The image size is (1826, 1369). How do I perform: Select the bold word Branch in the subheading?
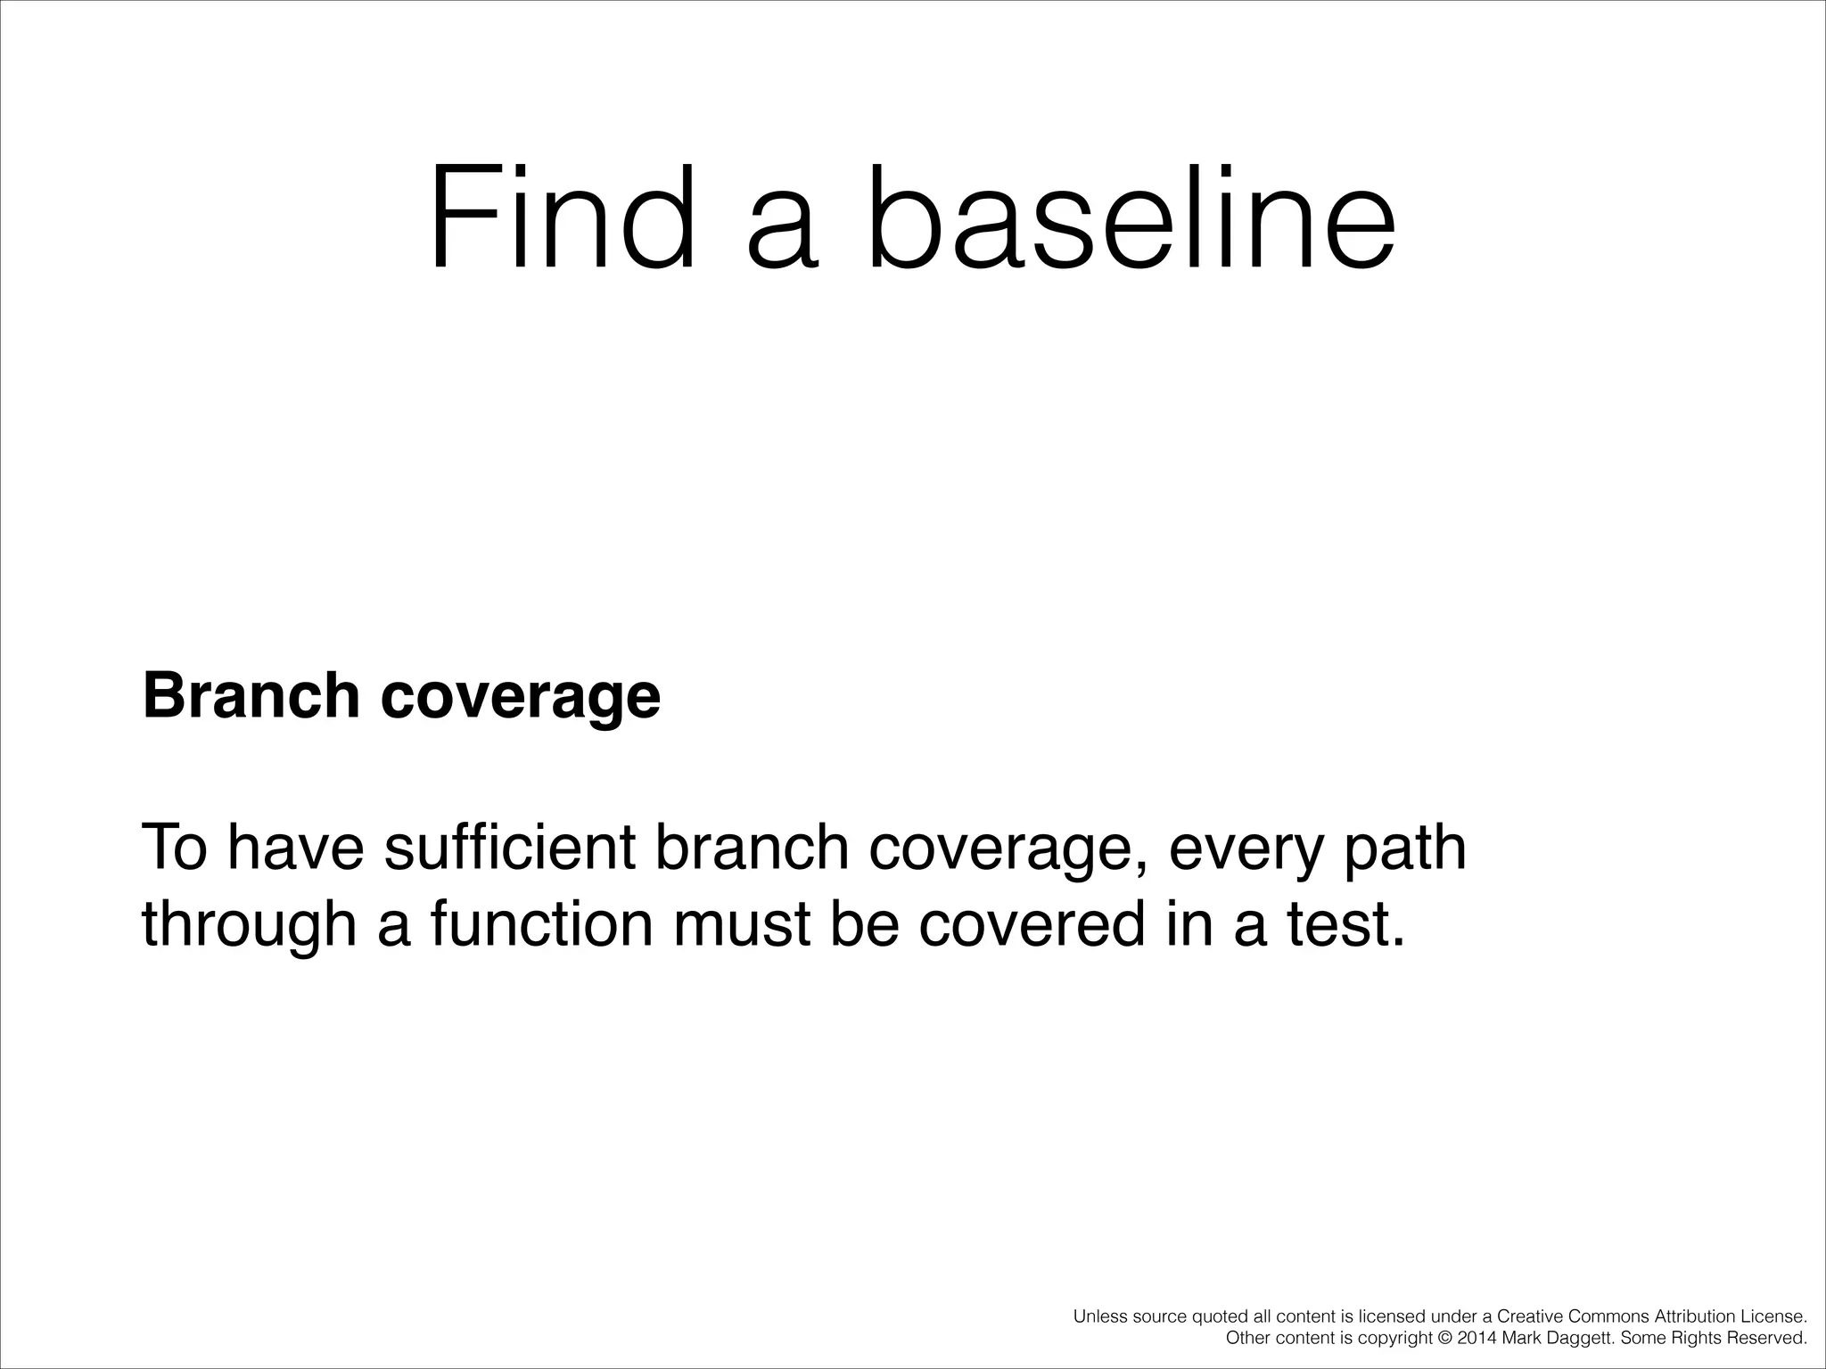click(x=251, y=696)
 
